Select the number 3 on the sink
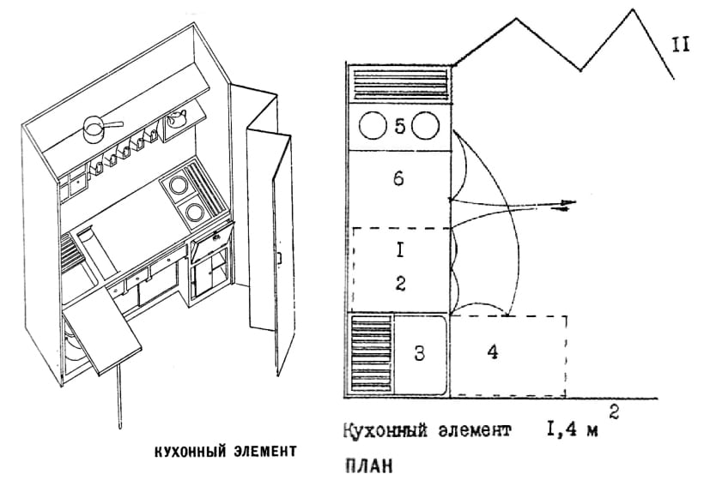[x=419, y=354]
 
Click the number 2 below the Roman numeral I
[x=400, y=284]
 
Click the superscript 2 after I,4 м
[x=613, y=410]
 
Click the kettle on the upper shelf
[x=178, y=117]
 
